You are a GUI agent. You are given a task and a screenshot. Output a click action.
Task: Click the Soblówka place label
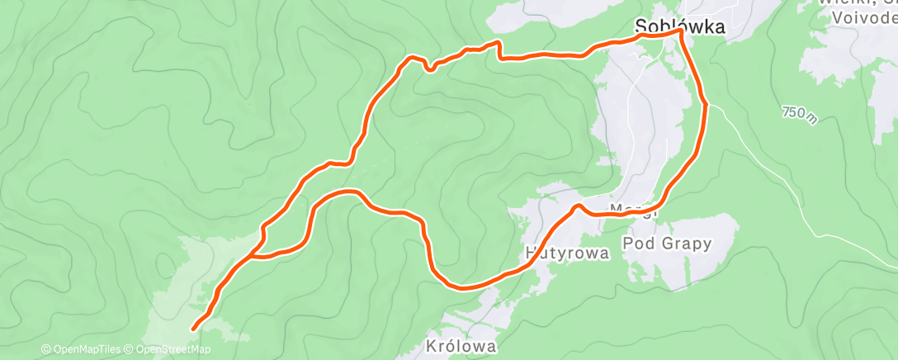(x=681, y=26)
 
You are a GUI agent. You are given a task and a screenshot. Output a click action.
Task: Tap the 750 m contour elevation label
(x=799, y=115)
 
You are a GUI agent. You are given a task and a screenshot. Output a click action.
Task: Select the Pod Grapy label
(x=667, y=244)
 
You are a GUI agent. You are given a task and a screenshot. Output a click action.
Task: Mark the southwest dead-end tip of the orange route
(x=194, y=329)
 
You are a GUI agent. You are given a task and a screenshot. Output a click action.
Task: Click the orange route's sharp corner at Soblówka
(x=681, y=31)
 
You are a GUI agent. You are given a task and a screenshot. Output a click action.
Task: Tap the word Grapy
(x=688, y=244)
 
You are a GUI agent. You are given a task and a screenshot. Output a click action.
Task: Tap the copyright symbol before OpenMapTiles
(x=46, y=350)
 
